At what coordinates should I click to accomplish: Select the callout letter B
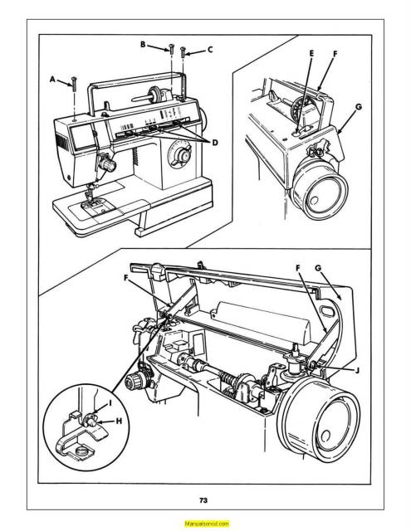coord(143,43)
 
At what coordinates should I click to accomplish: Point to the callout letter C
coord(209,50)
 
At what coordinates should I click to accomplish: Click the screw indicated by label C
coord(182,54)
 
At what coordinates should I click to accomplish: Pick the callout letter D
coord(215,142)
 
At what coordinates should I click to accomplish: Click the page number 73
coord(204,499)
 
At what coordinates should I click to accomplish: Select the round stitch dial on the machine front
coord(177,153)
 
